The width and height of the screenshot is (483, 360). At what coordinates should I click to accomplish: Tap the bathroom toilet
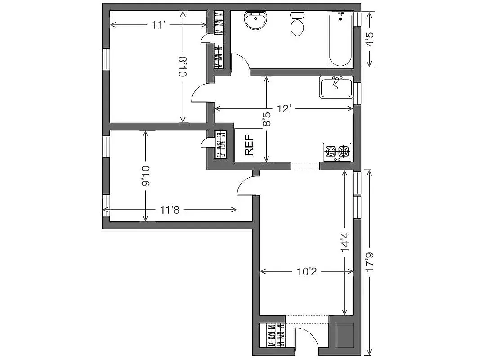pos(297,25)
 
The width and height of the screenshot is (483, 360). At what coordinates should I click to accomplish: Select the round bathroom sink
pos(255,20)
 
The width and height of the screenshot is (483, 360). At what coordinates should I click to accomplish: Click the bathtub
pos(340,40)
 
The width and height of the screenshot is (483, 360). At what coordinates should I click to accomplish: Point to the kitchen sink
pos(336,87)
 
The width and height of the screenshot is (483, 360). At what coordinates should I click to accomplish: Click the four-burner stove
pos(337,152)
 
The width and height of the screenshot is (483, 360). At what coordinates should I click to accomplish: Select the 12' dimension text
pos(284,108)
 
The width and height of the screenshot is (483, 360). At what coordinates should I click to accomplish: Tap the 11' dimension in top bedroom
pos(157,25)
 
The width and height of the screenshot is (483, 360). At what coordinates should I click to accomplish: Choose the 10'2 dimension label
pos(306,271)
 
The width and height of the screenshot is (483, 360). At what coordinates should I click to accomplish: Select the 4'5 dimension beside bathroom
pos(369,39)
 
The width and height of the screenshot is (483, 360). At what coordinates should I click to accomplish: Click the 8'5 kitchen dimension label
pos(267,119)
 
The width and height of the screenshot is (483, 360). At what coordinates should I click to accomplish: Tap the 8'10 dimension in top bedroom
pos(183,67)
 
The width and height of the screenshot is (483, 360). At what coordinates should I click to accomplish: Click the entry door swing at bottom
pos(305,338)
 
